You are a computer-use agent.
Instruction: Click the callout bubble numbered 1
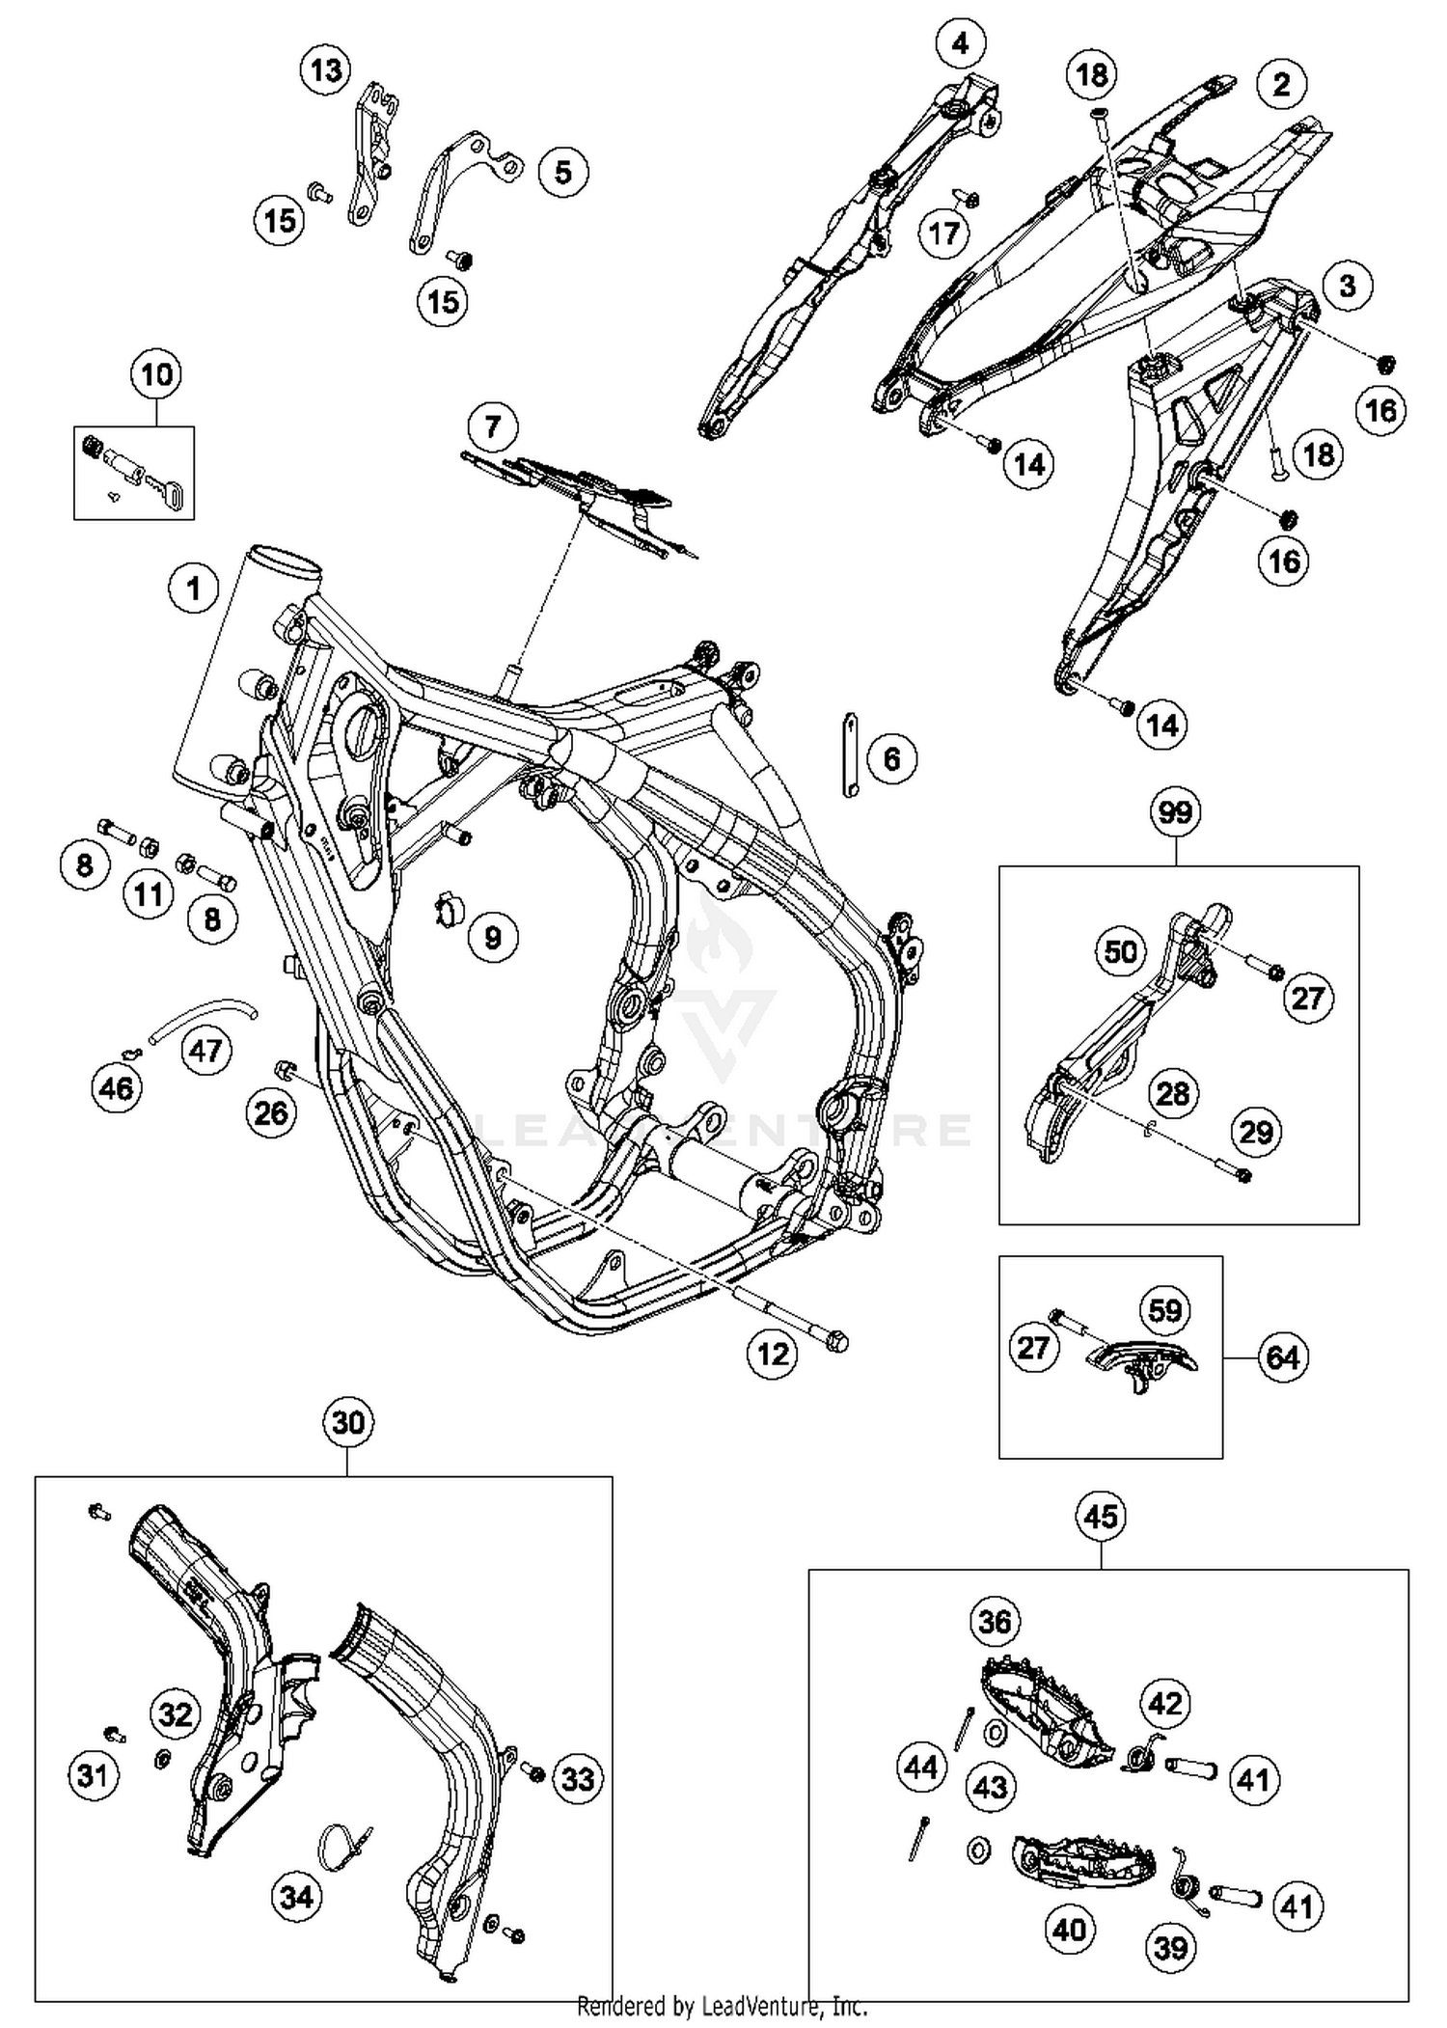tap(194, 588)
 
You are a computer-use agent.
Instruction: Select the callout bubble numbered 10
tap(157, 374)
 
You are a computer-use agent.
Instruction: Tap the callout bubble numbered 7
tap(493, 426)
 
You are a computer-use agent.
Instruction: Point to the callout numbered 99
tap(1175, 812)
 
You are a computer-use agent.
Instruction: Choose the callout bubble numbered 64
tap(1282, 1358)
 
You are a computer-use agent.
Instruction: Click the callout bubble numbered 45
tap(1102, 1517)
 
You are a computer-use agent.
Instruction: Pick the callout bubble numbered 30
tap(348, 1422)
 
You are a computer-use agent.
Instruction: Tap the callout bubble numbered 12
tap(773, 1355)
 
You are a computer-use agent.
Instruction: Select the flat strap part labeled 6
tap(849, 754)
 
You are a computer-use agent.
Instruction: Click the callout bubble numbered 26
tap(271, 1113)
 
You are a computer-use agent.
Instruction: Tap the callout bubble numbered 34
tap(296, 1897)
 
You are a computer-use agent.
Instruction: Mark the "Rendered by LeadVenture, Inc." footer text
tap(723, 2007)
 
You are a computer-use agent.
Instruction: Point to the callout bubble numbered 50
tap(1120, 952)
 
